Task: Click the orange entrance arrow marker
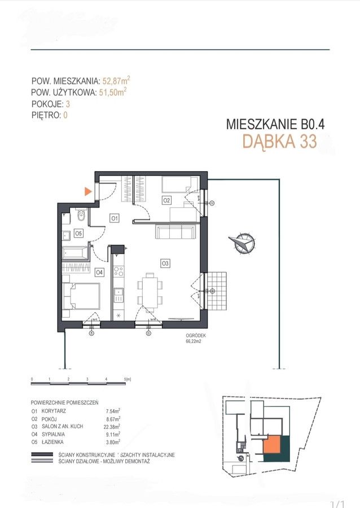click(87, 191)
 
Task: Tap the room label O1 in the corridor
click(113, 217)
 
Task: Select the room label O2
click(167, 200)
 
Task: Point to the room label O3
click(165, 262)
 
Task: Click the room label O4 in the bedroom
click(99, 272)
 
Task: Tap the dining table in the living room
click(150, 289)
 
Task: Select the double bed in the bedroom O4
click(81, 296)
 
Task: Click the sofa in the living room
click(175, 232)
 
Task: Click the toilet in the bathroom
click(80, 214)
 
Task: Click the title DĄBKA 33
click(279, 142)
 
